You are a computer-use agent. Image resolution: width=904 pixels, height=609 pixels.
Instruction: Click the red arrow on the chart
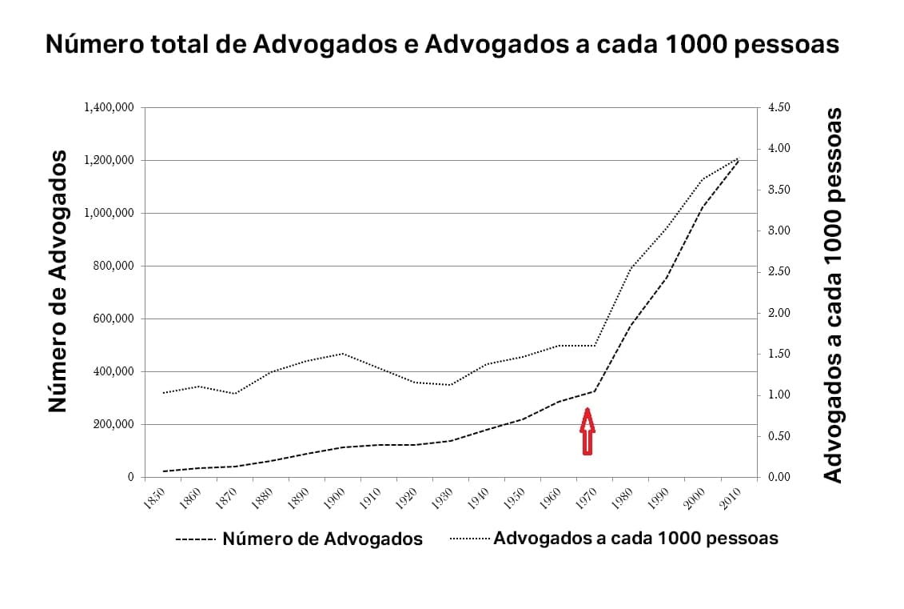(587, 431)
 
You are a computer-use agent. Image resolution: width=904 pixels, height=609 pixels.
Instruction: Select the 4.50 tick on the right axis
(779, 107)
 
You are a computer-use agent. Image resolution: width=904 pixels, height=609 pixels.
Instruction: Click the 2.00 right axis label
(779, 313)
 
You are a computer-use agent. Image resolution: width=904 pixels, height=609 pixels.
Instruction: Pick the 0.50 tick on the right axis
(779, 436)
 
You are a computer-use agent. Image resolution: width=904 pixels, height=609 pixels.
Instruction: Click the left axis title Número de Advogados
(57, 282)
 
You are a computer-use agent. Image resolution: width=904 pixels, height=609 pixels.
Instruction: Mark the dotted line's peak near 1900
(343, 353)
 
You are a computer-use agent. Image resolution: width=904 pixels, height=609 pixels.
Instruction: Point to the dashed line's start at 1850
(162, 471)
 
